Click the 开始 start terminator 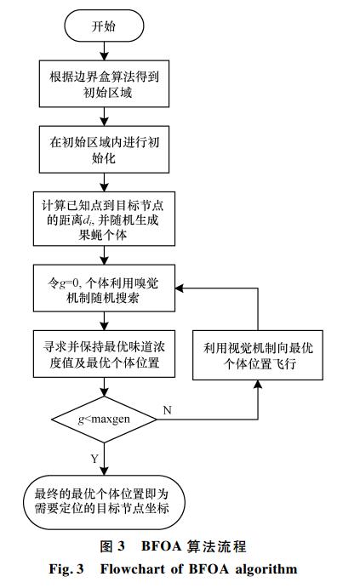pyautogui.click(x=104, y=26)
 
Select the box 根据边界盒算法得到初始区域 pyautogui.click(x=104, y=83)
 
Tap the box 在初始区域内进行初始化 pyautogui.click(x=104, y=149)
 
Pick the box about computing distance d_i pyautogui.click(x=104, y=219)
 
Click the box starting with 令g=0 pyautogui.click(x=104, y=288)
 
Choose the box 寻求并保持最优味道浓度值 pyautogui.click(x=104, y=354)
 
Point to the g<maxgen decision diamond pyautogui.click(x=104, y=420)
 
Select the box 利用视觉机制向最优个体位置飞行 pyautogui.click(x=258, y=355)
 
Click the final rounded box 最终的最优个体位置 pyautogui.click(x=104, y=502)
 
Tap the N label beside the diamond pyautogui.click(x=168, y=410)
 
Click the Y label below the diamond pyautogui.click(x=94, y=459)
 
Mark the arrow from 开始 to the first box pyautogui.click(x=104, y=51)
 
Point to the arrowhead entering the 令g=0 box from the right pyautogui.click(x=179, y=288)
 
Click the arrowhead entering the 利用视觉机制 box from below pyautogui.click(x=258, y=384)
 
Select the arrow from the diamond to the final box pyautogui.click(x=104, y=459)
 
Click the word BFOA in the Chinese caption pyautogui.click(x=161, y=546)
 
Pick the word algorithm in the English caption pyautogui.click(x=266, y=569)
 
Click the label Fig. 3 pyautogui.click(x=66, y=569)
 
